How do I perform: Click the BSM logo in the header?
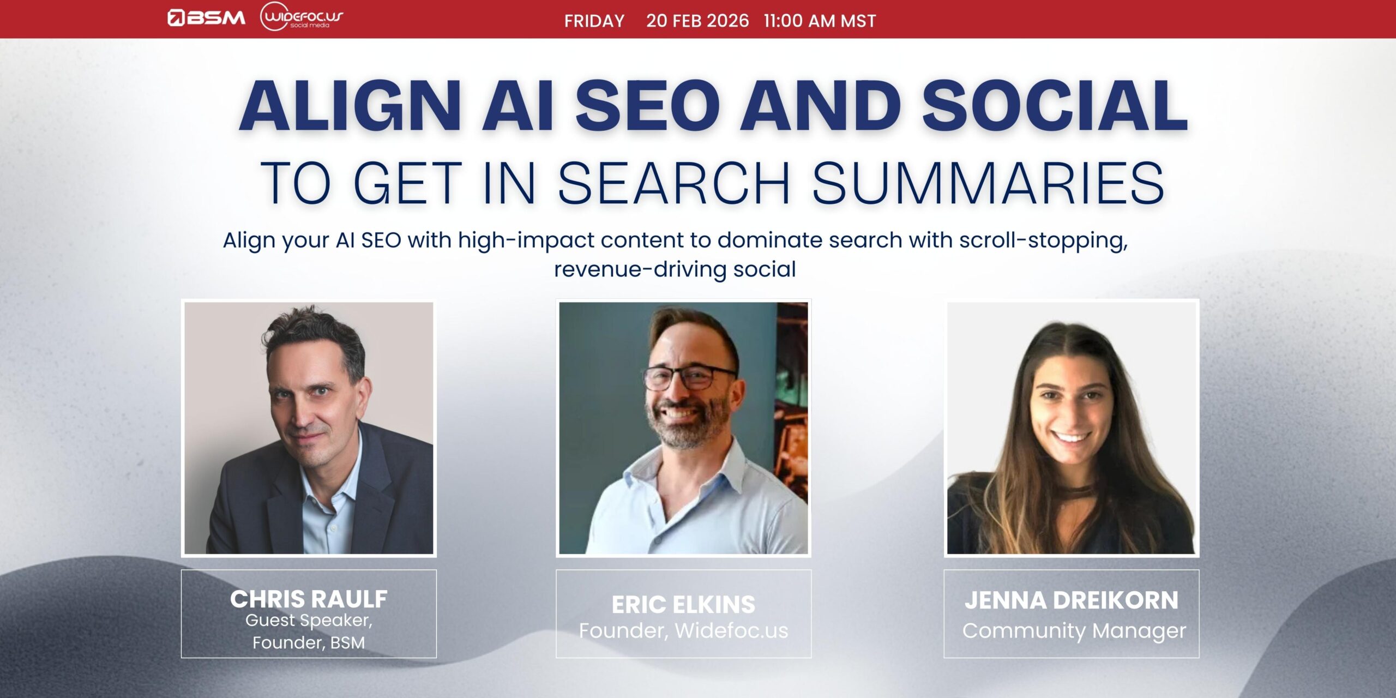coord(206,18)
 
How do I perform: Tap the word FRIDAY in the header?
coord(594,21)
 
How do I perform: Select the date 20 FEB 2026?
coord(697,21)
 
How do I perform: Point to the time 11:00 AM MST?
coord(820,21)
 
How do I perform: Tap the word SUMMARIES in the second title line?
coord(988,184)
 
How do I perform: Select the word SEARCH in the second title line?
coord(673,184)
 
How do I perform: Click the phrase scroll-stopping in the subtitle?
coord(1043,240)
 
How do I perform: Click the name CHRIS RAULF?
coord(309,599)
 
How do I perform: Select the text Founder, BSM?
coord(309,642)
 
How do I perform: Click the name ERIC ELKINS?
coord(683,604)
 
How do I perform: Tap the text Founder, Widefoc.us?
coord(683,631)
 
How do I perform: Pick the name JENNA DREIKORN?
coord(1072,600)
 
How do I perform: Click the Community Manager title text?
coord(1074,631)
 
